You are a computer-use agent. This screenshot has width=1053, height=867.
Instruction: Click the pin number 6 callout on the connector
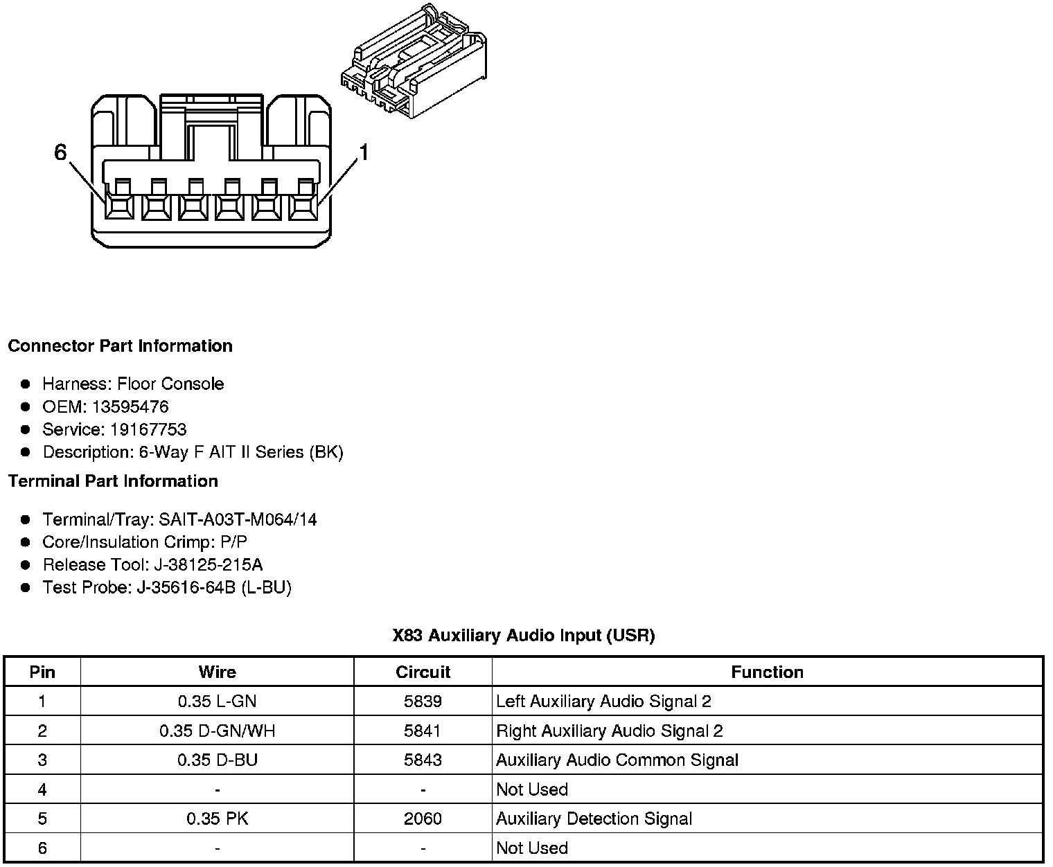pyautogui.click(x=60, y=152)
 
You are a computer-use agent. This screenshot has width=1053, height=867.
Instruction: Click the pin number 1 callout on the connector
pyautogui.click(x=362, y=152)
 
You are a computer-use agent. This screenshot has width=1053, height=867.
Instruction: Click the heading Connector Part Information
pyautogui.click(x=120, y=346)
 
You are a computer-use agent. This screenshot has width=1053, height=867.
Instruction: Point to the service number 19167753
pyautogui.click(x=148, y=429)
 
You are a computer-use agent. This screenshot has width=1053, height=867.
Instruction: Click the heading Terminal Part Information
pyautogui.click(x=113, y=481)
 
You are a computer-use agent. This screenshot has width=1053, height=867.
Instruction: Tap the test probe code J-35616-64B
pyautogui.click(x=186, y=588)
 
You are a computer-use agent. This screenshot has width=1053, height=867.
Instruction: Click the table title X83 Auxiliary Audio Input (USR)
pyautogui.click(x=523, y=636)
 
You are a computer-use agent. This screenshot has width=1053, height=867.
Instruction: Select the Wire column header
pyautogui.click(x=217, y=672)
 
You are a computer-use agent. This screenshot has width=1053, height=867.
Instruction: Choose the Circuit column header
pyautogui.click(x=423, y=672)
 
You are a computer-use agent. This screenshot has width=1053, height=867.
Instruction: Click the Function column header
pyautogui.click(x=767, y=672)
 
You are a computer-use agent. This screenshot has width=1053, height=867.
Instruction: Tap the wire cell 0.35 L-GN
pyautogui.click(x=217, y=701)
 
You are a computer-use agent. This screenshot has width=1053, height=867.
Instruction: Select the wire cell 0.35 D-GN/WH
pyautogui.click(x=217, y=731)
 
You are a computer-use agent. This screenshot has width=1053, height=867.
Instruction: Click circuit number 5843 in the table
pyautogui.click(x=423, y=760)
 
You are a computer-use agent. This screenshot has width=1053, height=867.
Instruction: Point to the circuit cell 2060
pyautogui.click(x=423, y=819)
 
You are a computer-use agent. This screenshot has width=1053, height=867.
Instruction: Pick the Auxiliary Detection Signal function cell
pyautogui.click(x=594, y=819)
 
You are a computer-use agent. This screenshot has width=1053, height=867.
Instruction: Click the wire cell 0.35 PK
pyautogui.click(x=217, y=819)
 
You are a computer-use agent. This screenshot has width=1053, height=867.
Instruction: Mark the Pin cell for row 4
pyautogui.click(x=42, y=789)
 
